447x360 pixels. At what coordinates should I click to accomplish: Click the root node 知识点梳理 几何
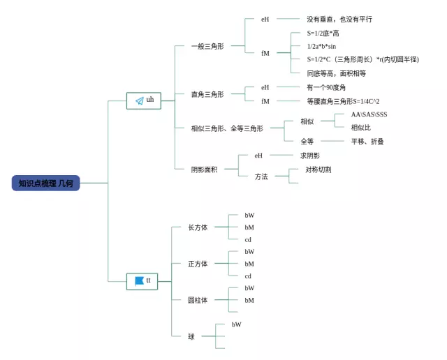[45, 183]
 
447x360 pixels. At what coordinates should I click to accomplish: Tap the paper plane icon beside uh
[139, 100]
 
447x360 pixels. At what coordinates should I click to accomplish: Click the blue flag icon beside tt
[139, 280]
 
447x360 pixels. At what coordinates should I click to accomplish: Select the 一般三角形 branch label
[207, 46]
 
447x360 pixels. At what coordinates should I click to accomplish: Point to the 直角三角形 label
[207, 94]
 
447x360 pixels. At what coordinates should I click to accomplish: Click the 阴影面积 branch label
[204, 169]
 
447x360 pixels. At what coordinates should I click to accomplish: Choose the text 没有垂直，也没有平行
[339, 20]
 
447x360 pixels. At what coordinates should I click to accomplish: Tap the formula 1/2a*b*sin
[325, 46]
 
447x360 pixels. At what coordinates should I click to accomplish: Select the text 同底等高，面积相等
[336, 73]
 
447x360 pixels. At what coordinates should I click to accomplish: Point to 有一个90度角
[326, 87]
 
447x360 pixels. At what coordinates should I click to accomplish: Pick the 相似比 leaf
[360, 128]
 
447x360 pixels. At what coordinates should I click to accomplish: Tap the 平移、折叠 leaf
[367, 142]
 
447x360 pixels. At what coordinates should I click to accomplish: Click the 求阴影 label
[309, 156]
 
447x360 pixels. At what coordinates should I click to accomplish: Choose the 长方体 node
[198, 227]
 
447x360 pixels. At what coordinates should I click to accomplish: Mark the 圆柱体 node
[198, 300]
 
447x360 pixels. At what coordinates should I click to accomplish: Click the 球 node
[191, 336]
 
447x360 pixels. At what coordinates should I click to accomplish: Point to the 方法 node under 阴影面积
[261, 177]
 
